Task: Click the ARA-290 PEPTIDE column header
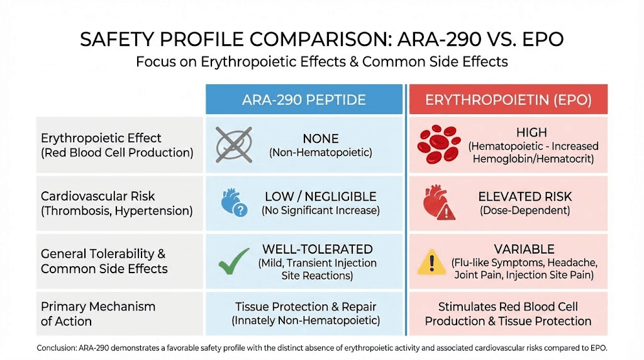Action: click(304, 99)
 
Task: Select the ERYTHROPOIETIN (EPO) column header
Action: click(508, 99)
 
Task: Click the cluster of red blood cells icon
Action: click(438, 144)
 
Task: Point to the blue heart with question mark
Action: click(233, 203)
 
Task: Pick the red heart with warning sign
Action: click(438, 203)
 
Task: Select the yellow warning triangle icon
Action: click(431, 261)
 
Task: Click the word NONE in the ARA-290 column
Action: click(320, 138)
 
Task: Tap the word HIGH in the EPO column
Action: click(531, 133)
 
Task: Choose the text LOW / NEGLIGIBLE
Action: click(320, 197)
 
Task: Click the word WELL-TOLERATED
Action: click(317, 249)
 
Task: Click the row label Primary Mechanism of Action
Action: click(97, 313)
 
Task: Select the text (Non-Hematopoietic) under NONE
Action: click(320, 152)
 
